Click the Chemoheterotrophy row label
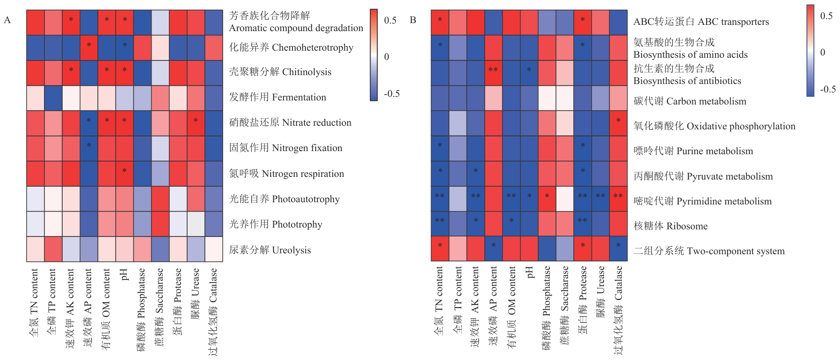coord(291,48)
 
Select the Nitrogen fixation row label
coord(285,148)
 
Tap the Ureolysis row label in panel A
coord(270,250)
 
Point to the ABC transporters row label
coord(701,22)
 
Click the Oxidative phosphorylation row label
coord(714,126)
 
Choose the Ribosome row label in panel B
coord(670,226)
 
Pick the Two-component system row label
coord(709,251)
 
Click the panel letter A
coord(7,20)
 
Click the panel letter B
coord(413,20)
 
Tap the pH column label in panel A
coord(124,274)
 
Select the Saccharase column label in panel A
coord(160,307)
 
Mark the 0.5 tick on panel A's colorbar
coord(390,20)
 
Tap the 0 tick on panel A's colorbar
coord(387,57)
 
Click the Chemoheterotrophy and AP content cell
coord(89,47)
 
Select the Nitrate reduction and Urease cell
coord(196,123)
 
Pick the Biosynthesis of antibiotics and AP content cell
coord(493,73)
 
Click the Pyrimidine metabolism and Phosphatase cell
coord(547,199)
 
